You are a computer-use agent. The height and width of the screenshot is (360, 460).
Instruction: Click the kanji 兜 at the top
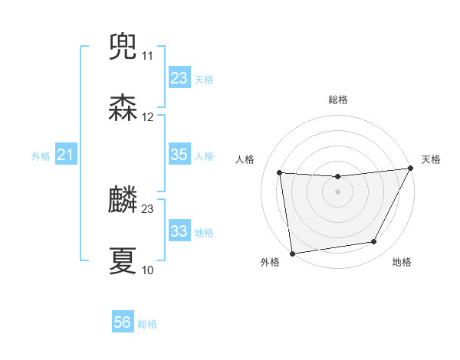coord(123,47)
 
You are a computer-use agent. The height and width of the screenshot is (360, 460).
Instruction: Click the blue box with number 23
coord(179,78)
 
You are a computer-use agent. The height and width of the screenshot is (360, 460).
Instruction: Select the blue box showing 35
coord(179,155)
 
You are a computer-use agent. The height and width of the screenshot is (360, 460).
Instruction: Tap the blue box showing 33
coord(179,231)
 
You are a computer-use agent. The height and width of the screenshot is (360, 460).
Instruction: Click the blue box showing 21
coord(65,155)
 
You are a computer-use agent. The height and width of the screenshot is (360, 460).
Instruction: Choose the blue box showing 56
coord(123,322)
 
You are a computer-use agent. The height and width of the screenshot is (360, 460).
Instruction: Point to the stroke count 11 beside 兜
coord(147,56)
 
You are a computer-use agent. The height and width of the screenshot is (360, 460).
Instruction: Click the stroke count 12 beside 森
coord(147,117)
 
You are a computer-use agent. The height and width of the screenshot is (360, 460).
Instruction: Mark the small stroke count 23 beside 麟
coord(147,208)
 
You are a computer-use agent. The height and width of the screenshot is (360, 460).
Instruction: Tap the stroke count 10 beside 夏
coord(147,270)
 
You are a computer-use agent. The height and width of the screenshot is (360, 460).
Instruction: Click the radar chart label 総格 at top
coord(337,100)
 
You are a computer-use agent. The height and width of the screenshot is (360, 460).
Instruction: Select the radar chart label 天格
coord(431,159)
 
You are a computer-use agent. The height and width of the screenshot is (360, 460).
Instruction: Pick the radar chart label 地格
coord(402,262)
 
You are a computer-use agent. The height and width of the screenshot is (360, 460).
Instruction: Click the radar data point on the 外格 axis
coord(292,253)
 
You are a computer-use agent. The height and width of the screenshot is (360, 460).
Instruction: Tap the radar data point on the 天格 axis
coord(411,169)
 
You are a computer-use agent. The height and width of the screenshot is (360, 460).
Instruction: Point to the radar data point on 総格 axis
coord(337,177)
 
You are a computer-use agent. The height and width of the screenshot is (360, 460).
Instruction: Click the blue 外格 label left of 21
coord(41,156)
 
